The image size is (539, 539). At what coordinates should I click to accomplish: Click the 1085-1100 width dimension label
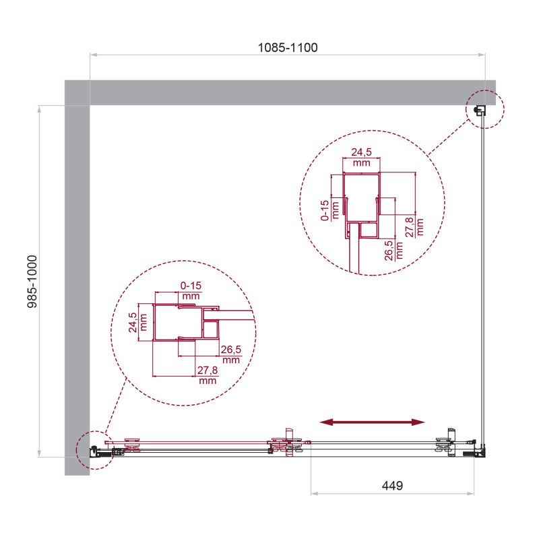(288, 47)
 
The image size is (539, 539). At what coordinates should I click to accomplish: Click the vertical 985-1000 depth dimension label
(31, 281)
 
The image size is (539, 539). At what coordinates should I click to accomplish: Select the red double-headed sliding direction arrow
(373, 422)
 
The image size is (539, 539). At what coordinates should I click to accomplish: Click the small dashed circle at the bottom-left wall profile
(94, 449)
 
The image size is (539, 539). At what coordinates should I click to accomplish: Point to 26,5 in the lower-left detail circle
(230, 354)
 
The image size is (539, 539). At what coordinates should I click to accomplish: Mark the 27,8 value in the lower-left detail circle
(208, 374)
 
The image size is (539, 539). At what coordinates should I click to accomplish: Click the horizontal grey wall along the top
(283, 92)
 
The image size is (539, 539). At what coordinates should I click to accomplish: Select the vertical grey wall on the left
(77, 283)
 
